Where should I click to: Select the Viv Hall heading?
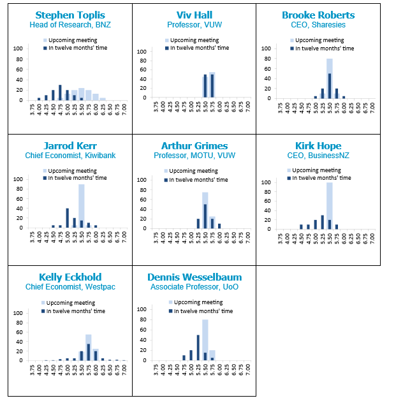click(x=194, y=15)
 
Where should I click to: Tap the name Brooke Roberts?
click(x=318, y=15)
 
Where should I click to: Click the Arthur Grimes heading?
click(x=194, y=145)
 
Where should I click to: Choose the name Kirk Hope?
click(x=318, y=145)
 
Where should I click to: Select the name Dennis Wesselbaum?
click(x=194, y=277)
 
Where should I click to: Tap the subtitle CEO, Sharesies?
click(x=318, y=25)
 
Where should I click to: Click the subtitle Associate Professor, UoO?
click(x=194, y=287)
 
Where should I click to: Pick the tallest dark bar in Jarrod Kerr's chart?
click(x=67, y=217)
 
